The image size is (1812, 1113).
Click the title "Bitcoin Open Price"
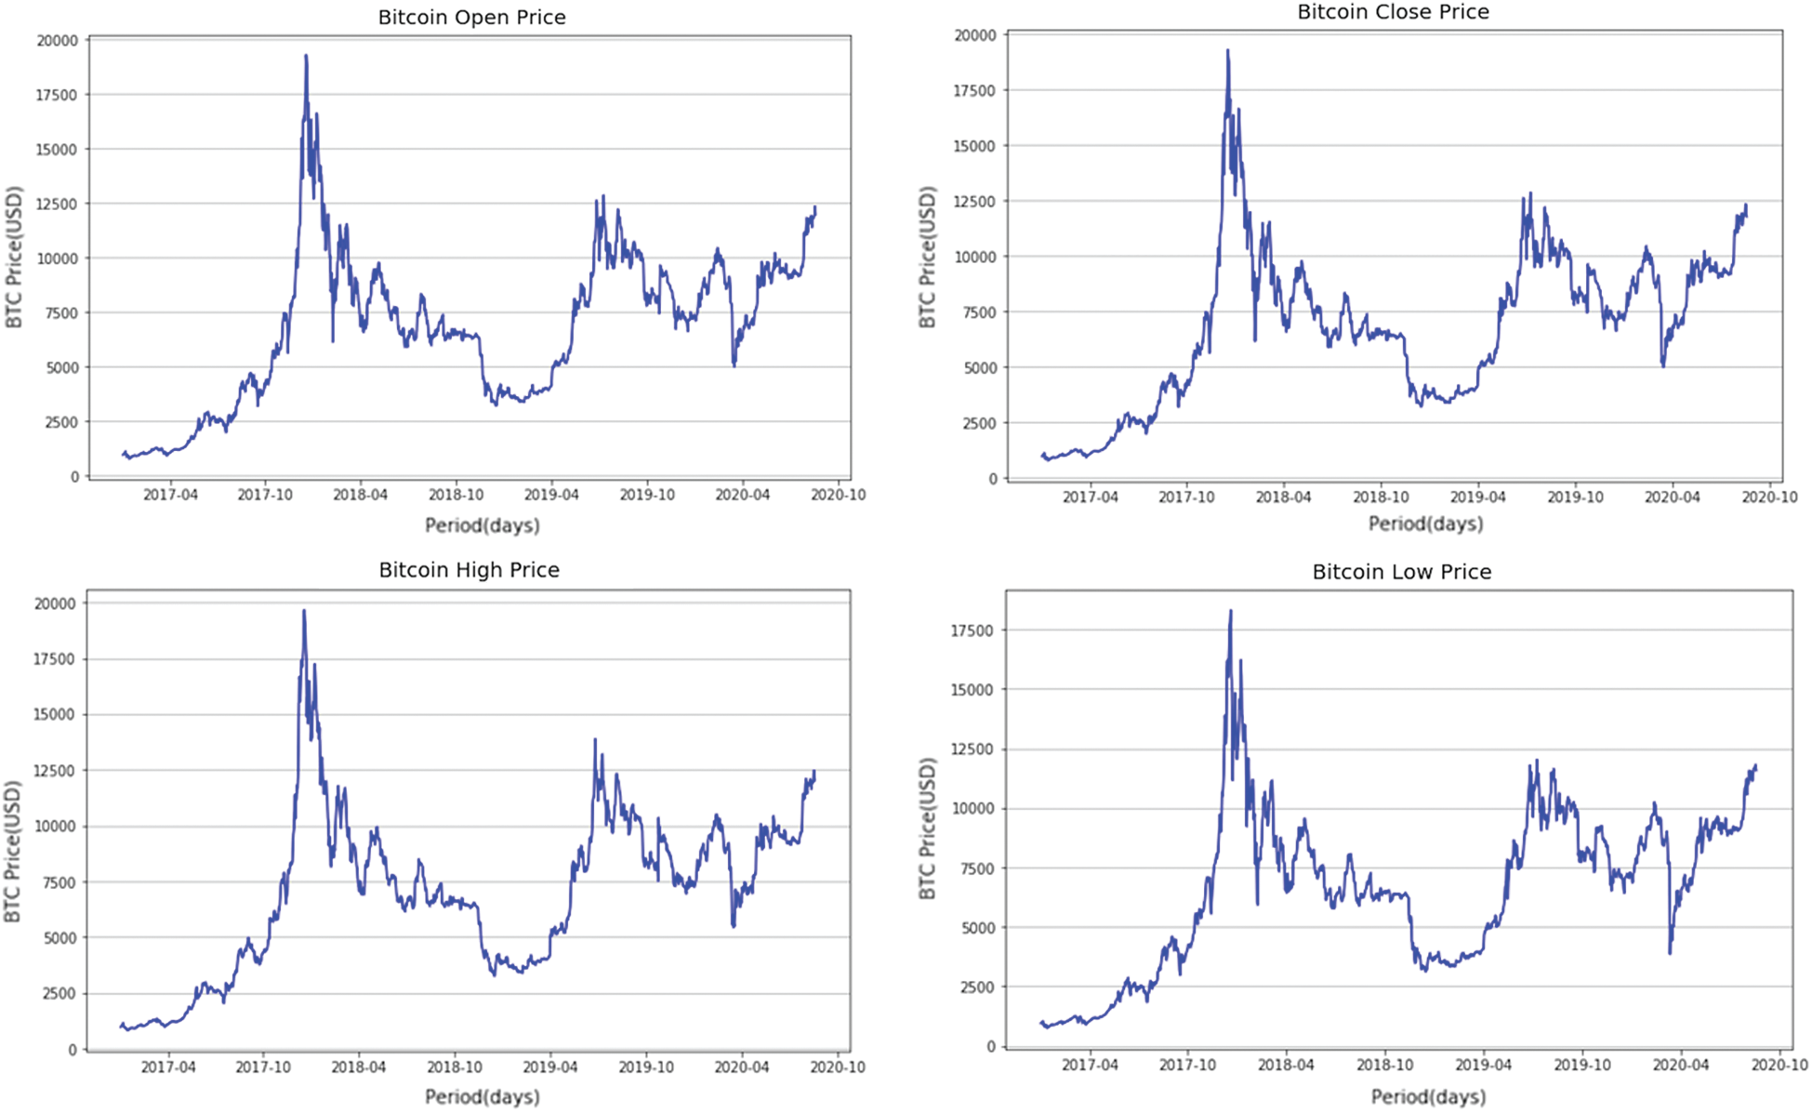(471, 18)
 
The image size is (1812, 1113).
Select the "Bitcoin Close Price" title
(1393, 12)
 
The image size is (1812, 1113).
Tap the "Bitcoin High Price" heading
(469, 570)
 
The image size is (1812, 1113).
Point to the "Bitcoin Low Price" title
(1401, 572)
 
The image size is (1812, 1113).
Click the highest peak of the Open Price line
(306, 56)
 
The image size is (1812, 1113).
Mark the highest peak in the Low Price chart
(1230, 611)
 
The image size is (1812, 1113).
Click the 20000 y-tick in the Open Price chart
(58, 41)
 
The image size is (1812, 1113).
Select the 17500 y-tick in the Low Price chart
(972, 630)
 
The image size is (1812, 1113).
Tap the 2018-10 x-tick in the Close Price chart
(1380, 497)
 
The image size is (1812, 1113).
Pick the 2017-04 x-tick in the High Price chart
(168, 1067)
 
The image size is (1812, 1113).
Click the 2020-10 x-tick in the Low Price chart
(1779, 1066)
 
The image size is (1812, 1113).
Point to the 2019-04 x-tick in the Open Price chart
(551, 495)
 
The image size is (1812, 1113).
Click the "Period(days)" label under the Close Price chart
(1425, 524)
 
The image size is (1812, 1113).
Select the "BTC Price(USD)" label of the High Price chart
(13, 852)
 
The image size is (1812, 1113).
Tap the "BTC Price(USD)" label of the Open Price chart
(14, 258)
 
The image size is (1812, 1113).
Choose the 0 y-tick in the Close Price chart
(992, 479)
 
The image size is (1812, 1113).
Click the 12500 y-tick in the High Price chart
(55, 771)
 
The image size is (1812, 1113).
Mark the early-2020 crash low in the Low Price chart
(1670, 953)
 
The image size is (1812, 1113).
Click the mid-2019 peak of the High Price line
(595, 739)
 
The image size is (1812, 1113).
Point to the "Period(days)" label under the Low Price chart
(1428, 1097)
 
